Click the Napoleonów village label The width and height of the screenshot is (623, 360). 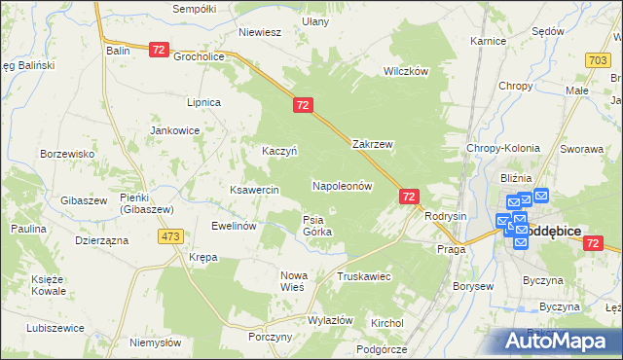343,185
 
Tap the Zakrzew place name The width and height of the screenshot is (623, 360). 372,144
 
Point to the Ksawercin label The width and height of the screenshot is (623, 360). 254,190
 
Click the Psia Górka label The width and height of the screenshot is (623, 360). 317,226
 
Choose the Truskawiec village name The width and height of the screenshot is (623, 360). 363,277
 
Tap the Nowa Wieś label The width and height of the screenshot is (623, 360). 292,281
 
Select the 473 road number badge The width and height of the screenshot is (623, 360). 172,236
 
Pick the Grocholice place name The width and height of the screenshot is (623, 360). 200,56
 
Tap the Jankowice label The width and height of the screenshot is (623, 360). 174,130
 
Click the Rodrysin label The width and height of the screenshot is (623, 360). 447,216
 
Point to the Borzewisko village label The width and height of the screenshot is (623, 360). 66,154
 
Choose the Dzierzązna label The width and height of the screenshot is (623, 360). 101,239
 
